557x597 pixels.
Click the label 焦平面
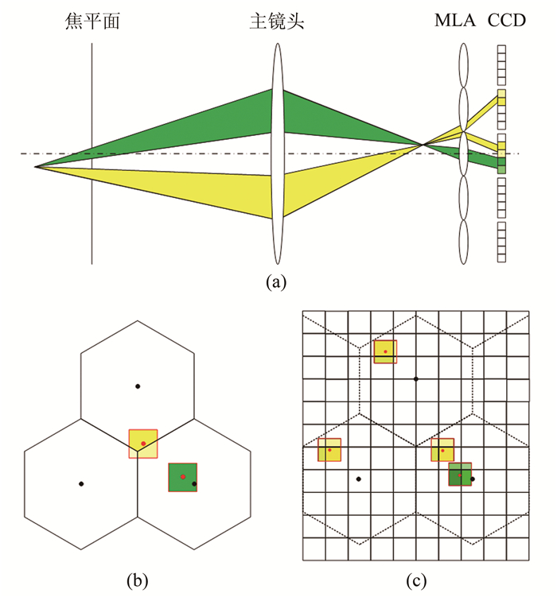pos(92,21)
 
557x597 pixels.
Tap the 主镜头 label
pos(277,21)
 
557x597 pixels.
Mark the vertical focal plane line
pos(92,223)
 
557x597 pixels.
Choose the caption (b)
pos(137,579)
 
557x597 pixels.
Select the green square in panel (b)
pos(182,477)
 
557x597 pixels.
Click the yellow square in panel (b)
pos(143,444)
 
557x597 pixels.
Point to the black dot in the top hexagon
pos(138,386)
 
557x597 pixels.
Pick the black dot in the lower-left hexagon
pos(81,483)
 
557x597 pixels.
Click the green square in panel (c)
pos(460,475)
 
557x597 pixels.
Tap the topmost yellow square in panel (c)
pos(385,351)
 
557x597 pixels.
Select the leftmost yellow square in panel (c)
pos(329,450)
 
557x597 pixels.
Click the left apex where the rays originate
pos(35,167)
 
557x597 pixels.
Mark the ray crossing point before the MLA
pos(422,145)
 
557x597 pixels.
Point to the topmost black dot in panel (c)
pos(416,379)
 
